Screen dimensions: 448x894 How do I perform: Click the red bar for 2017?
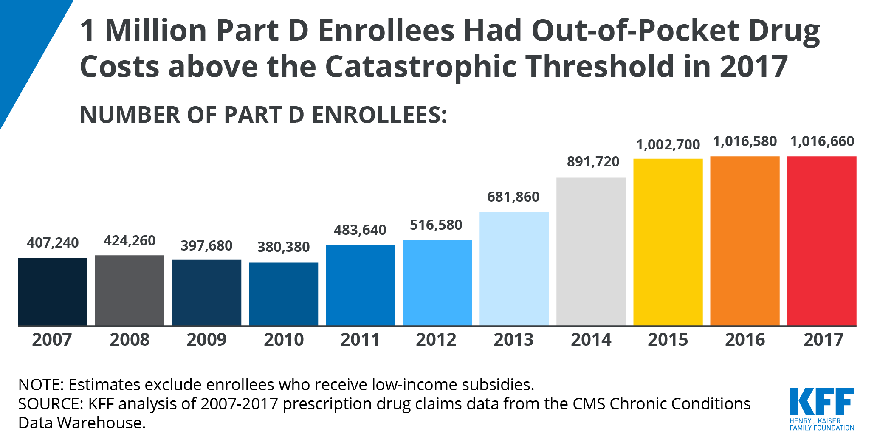[x=821, y=241]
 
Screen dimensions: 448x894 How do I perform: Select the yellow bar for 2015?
[x=668, y=242]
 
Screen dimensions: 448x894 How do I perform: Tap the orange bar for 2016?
[x=745, y=241]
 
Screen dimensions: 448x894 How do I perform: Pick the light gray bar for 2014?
[x=591, y=251]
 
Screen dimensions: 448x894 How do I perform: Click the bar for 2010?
[x=283, y=294]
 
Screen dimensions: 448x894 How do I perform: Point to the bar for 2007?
[x=53, y=292]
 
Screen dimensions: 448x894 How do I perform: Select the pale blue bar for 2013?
[x=514, y=269]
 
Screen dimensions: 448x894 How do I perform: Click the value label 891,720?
[x=593, y=162]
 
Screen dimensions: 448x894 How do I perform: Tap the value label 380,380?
[x=283, y=247]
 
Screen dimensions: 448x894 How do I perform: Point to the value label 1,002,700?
[x=668, y=145]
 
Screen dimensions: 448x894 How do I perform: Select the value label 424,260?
[x=130, y=241]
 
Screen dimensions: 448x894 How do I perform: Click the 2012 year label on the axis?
[x=436, y=340]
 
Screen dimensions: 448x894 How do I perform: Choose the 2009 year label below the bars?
[x=206, y=340]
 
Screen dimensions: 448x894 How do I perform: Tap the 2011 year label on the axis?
[x=360, y=340]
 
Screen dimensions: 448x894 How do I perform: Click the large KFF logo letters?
[x=821, y=402]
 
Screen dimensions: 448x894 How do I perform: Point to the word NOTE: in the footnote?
[x=41, y=385]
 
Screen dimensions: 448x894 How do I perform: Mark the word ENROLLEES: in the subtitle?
[x=379, y=115]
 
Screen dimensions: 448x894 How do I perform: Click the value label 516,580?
[x=436, y=225]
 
